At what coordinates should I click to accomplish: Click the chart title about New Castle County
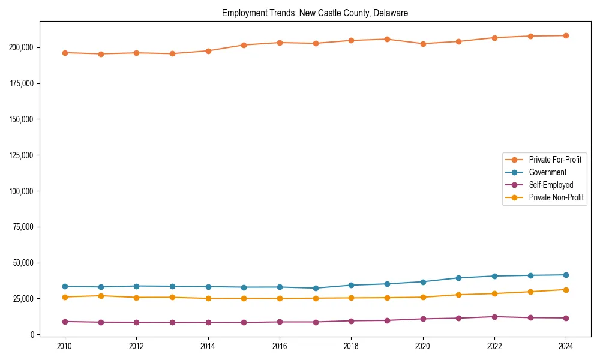coord(315,13)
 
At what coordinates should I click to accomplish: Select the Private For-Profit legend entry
coord(555,160)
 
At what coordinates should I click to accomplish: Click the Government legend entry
coord(547,172)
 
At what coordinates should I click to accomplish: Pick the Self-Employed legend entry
coord(551,185)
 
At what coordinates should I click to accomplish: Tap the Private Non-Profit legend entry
coord(556,197)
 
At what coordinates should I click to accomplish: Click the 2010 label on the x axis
coord(65,346)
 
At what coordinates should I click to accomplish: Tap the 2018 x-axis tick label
coord(351,346)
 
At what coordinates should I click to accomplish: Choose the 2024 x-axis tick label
coord(566,346)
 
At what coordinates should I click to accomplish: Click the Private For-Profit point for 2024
coord(566,35)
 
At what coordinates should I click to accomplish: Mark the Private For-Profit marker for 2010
coord(65,53)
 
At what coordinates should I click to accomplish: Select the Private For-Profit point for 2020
coord(423,44)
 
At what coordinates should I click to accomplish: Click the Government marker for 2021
coord(458,278)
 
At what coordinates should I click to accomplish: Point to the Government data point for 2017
coord(316,288)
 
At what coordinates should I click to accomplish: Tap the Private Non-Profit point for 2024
coord(566,290)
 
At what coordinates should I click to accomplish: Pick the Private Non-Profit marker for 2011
coord(101,296)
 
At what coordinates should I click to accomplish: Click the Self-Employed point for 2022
coord(494,317)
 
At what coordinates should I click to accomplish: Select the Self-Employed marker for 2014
coord(208,322)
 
